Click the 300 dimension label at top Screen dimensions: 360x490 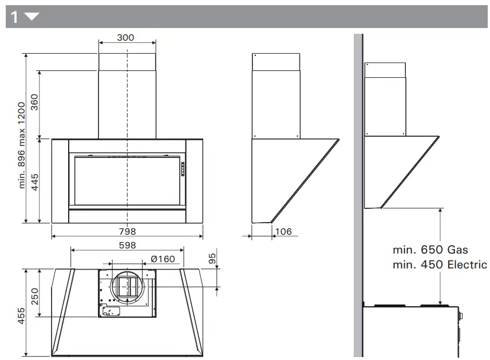coord(125,38)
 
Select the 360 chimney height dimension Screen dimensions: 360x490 coord(34,104)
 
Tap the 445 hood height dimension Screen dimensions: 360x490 coord(34,180)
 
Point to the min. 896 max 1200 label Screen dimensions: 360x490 coord(22,145)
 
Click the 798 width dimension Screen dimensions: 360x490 coord(127,231)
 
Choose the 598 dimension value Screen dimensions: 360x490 coord(127,245)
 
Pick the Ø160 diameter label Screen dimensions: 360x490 coord(163,259)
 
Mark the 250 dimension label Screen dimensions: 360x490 coord(34,298)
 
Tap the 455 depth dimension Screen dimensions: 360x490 coord(21,316)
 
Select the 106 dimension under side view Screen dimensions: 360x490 coord(283,231)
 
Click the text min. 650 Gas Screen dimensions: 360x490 coord(430,250)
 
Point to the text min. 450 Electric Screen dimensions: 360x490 coord(440,264)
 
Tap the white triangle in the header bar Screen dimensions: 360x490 coord(31,17)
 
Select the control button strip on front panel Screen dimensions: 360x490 coord(183,169)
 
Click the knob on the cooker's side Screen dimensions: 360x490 coord(461,315)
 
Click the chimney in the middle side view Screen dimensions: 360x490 coord(276,96)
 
